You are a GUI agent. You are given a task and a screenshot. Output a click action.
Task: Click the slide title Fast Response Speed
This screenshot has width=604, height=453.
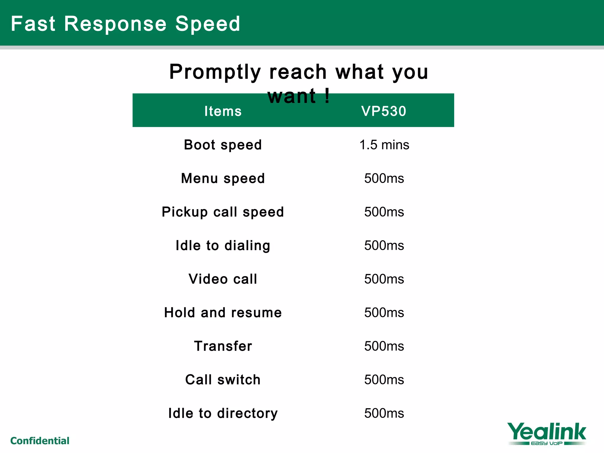[x=125, y=24]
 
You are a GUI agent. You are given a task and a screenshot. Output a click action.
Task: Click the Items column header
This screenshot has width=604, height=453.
[x=223, y=111]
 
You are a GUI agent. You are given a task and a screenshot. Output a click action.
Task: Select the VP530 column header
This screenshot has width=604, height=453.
[x=384, y=111]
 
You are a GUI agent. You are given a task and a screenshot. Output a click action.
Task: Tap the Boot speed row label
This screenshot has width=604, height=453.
[x=223, y=145]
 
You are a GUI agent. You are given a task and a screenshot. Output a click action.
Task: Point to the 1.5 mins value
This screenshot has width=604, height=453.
[x=384, y=145]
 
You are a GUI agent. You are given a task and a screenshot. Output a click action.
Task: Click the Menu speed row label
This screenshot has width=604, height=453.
[x=223, y=179]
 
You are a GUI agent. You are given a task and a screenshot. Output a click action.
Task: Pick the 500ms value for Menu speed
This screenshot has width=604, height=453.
[x=384, y=179]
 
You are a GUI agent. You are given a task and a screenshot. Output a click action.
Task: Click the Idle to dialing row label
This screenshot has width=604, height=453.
[x=223, y=246]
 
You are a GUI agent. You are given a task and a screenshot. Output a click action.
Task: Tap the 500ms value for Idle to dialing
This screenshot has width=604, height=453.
[x=384, y=246]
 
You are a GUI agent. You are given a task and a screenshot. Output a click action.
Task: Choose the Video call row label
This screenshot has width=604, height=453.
[x=223, y=279]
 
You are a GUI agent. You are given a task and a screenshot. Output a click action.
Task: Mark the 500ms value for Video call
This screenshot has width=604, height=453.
[x=384, y=279]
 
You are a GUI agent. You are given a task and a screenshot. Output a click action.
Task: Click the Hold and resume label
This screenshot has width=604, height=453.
[x=223, y=313]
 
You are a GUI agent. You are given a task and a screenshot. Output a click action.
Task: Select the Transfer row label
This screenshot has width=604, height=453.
[x=223, y=346]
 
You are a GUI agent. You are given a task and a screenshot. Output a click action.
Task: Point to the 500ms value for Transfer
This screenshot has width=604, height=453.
[x=384, y=346]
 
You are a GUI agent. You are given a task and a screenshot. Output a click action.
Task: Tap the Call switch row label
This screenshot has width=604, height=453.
[x=223, y=380]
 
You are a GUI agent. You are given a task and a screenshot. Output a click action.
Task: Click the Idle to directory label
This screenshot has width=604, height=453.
[x=223, y=413]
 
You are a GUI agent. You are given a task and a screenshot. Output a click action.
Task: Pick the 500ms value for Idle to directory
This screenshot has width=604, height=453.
[x=384, y=413]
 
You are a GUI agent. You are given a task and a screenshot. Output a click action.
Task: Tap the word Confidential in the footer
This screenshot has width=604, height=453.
[x=40, y=441]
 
